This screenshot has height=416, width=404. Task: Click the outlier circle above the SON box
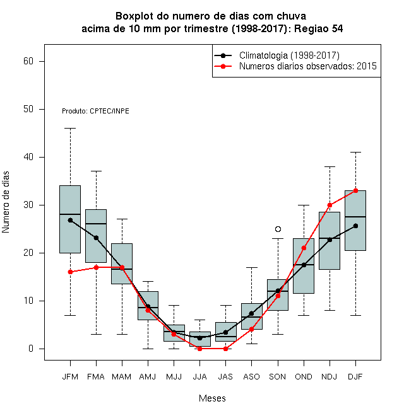[x=278, y=229]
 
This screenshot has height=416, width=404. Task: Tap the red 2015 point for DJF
[x=355, y=190]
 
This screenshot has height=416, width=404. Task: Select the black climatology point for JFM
[x=70, y=220]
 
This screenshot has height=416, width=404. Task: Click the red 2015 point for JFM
[x=70, y=272]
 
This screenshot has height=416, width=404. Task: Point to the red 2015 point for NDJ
[x=330, y=205]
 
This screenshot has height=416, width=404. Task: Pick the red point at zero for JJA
[x=200, y=349]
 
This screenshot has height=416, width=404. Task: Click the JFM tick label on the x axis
[x=70, y=377]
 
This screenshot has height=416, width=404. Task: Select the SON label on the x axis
[x=277, y=377]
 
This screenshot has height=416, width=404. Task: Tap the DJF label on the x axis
[x=355, y=377]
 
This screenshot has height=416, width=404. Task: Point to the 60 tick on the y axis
[x=28, y=61]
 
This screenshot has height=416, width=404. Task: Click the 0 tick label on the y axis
[x=31, y=349]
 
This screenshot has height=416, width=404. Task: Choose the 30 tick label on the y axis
[x=28, y=205]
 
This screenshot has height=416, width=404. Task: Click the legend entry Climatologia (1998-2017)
[x=289, y=55]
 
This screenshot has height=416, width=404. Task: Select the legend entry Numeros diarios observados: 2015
[x=308, y=66]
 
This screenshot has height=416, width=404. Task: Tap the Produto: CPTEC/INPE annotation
[x=95, y=111]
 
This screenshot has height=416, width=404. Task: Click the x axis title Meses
[x=212, y=398]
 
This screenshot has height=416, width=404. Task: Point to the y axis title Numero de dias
[x=6, y=202]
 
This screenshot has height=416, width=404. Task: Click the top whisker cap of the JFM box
[x=70, y=128]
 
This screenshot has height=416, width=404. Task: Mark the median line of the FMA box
[x=96, y=224]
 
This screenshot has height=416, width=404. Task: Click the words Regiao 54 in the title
[x=318, y=28]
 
